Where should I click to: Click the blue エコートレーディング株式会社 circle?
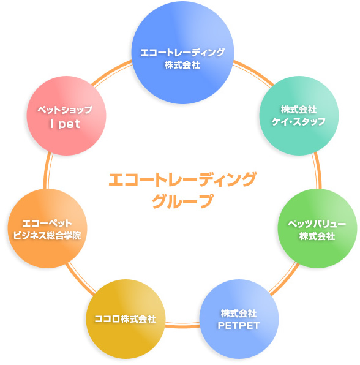[x=182, y=53]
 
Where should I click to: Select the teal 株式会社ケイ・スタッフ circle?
[x=299, y=116]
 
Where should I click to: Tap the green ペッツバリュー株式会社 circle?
[x=317, y=228]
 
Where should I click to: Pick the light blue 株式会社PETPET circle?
[x=239, y=319]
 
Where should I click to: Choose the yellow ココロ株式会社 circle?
[x=126, y=319]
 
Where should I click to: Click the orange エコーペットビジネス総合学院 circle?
[x=48, y=228]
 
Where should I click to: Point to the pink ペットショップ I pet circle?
[x=67, y=116]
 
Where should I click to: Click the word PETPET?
[x=239, y=326]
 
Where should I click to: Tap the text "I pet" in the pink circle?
[x=65, y=124]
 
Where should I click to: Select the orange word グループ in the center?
[x=182, y=201]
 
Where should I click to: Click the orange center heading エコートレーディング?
[x=182, y=179]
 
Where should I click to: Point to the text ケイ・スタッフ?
[x=299, y=122]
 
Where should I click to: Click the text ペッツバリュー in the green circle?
[x=317, y=224]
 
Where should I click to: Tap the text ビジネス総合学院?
[x=47, y=236]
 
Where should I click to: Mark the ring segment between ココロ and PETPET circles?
[x=182, y=325]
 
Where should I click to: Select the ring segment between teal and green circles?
[x=318, y=170]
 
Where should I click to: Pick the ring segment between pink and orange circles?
[x=47, y=171]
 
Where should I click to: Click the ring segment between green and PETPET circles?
[x=285, y=279]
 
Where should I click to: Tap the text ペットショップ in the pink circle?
[x=65, y=110]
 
